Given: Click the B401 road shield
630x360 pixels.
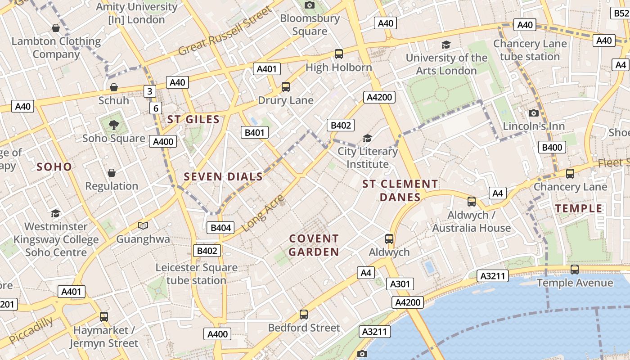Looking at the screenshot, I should pos(255,132).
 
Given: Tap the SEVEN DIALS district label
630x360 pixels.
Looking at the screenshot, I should pos(223,177).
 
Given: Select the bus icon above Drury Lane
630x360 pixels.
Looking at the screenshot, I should pos(286,86).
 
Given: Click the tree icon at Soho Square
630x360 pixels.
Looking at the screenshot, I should pos(114,125).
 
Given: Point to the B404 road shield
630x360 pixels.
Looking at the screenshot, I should pos(221,228).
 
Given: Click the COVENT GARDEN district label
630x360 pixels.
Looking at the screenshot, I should pos(314,245).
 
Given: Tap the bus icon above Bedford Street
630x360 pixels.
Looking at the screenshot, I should pos(304,314).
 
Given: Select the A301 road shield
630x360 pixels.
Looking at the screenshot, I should pos(400,284).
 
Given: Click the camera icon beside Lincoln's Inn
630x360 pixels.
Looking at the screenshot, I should pos(534,113).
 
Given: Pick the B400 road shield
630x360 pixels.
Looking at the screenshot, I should pos(552,147).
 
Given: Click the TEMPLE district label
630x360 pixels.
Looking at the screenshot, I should pos(579,208).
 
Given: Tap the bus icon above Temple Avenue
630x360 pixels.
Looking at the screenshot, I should pos(575,269).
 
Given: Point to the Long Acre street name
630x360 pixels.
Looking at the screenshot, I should pos(264,213).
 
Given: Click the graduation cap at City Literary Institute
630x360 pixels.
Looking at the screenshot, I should pos(368,138).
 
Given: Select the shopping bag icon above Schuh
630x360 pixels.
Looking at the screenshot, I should pos(114,87).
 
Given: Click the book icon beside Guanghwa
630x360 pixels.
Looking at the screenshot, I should pos(143,225).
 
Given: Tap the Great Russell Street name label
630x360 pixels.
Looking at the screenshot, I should pos(225,31).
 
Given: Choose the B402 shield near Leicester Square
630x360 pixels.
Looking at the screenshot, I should pos(207,251).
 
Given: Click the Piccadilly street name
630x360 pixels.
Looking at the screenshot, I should pos(31,330).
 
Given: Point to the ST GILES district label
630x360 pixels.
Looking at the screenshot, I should pos(193,120).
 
